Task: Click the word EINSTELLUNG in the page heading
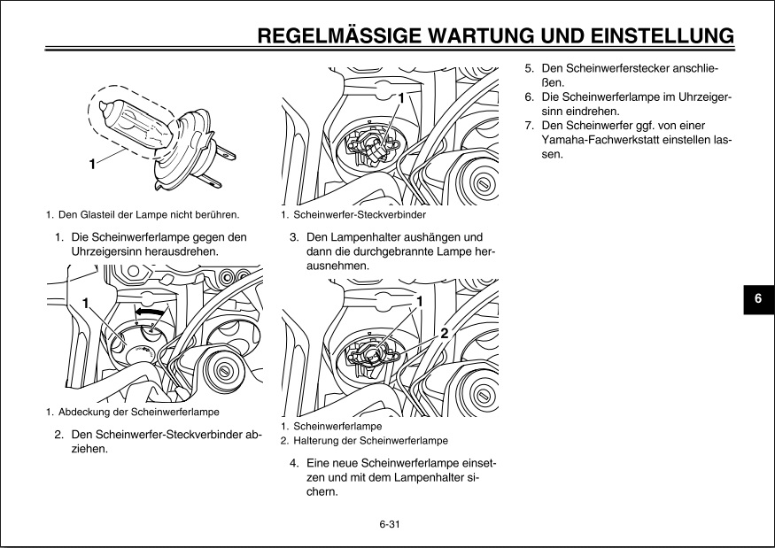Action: click(652, 36)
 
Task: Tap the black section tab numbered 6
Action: click(758, 299)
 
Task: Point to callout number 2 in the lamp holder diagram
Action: click(444, 333)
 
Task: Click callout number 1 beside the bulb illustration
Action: click(92, 164)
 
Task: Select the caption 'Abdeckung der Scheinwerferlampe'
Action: click(138, 412)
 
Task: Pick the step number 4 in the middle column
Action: click(294, 463)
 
